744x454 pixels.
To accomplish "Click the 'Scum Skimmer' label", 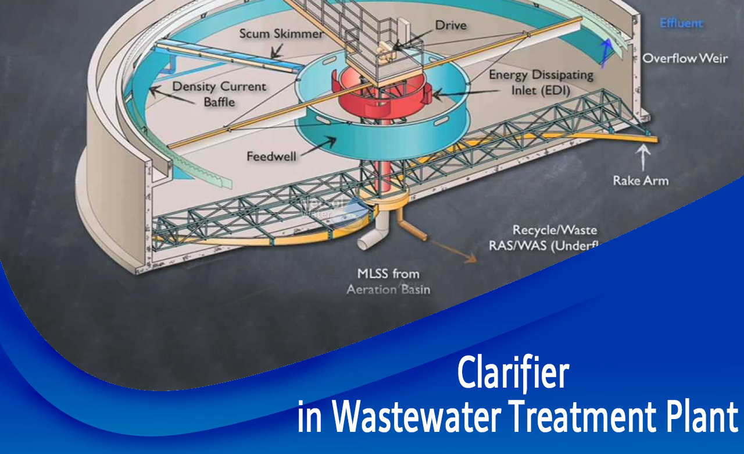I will click(281, 34).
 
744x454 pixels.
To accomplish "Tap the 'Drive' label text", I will click(451, 25).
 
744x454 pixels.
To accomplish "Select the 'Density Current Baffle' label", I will click(219, 94).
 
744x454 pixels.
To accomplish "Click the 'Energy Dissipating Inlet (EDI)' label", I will click(541, 82).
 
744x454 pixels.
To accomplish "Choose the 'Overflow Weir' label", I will click(685, 59).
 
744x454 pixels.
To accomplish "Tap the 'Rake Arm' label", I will click(641, 180).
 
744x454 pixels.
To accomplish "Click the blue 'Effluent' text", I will click(681, 23).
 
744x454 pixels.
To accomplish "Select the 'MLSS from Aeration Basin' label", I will click(388, 281).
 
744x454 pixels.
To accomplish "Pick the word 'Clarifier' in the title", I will click(512, 373).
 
